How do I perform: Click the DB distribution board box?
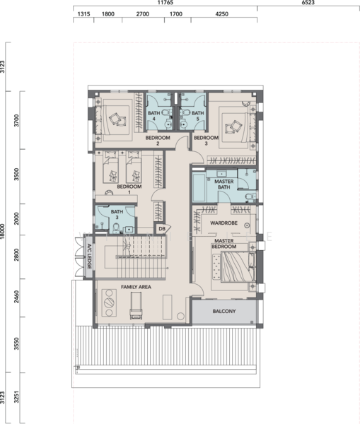point(162,229)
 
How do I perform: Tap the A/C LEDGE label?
point(89,257)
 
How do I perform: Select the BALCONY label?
point(224,311)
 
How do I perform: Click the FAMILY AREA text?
point(136,287)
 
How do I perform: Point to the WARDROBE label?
point(223,223)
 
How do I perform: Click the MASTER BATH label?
point(223,184)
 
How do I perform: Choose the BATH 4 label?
point(153,116)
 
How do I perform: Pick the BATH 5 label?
point(197,116)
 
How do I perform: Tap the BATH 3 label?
point(117,214)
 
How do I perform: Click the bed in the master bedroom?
point(235,267)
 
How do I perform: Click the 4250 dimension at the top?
point(221,14)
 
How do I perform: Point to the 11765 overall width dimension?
point(165,3)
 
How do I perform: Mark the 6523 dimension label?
point(308,3)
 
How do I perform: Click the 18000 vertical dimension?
point(3,231)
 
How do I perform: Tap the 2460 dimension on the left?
point(16,297)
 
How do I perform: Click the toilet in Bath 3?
point(116,228)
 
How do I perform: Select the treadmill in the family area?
point(136,305)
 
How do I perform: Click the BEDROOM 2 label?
point(158,141)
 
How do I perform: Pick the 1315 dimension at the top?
point(83,14)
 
